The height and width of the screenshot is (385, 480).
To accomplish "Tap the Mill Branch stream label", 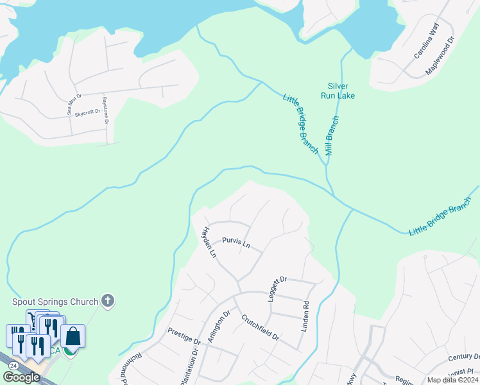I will [x=331, y=136].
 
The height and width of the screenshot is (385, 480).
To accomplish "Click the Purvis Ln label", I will [x=235, y=243].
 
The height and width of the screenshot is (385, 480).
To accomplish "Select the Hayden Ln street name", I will [x=210, y=242].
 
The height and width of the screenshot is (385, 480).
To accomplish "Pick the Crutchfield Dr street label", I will [x=261, y=327].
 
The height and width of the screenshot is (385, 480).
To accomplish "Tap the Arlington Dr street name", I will [x=219, y=327].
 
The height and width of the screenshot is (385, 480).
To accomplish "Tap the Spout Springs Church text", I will [x=55, y=302].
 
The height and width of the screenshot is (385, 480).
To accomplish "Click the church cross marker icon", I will [x=108, y=300].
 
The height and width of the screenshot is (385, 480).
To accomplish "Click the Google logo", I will [x=21, y=377].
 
